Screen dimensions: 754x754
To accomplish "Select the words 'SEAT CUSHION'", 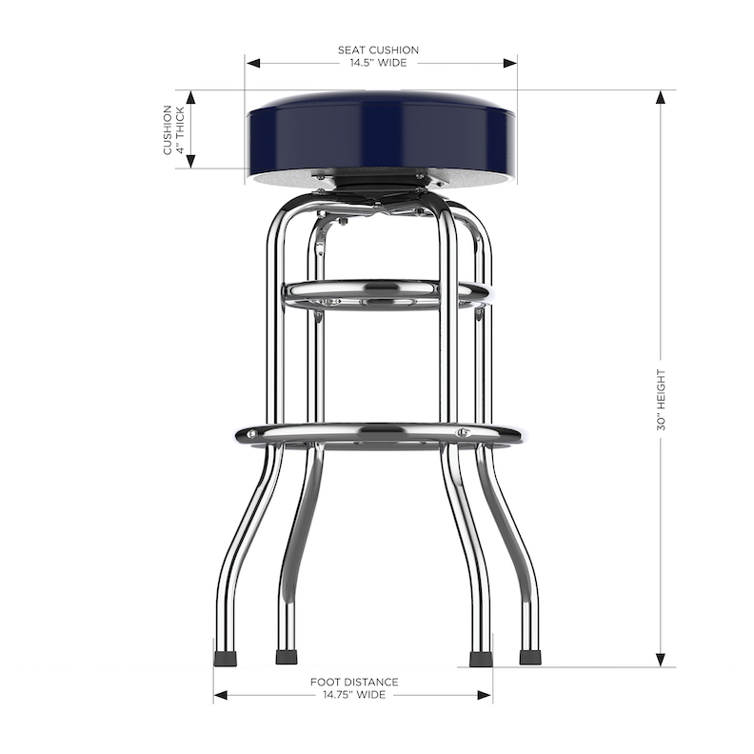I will [x=378, y=50].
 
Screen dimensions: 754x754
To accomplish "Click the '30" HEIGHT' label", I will [x=661, y=400].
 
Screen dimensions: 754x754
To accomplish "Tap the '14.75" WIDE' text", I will [x=353, y=695].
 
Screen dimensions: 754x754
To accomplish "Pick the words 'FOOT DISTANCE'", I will [x=354, y=682].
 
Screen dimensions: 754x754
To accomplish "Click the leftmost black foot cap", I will [x=225, y=657].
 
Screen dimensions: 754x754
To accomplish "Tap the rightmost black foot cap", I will [x=530, y=657].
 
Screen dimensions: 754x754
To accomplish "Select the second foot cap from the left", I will [x=286, y=657].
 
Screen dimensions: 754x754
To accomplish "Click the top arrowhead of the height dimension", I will [x=661, y=97].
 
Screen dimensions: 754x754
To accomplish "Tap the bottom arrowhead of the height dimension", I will [x=661, y=659].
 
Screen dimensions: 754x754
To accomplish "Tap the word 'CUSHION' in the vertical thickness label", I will [x=169, y=130].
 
